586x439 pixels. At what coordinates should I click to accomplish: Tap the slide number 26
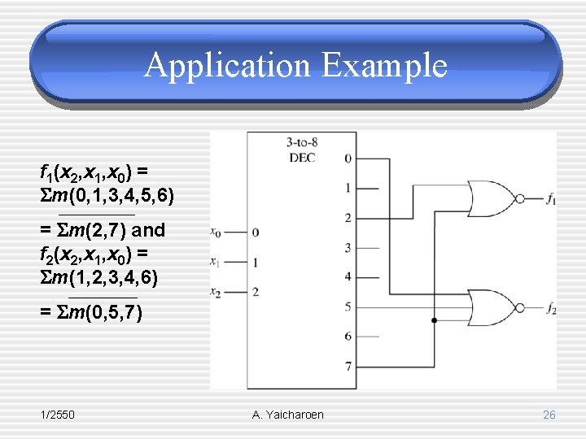pyautogui.click(x=549, y=415)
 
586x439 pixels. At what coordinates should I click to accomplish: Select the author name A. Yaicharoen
pyautogui.click(x=288, y=415)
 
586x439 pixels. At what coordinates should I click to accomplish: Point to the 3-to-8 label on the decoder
pyautogui.click(x=302, y=142)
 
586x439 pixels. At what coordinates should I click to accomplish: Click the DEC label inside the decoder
pyautogui.click(x=302, y=156)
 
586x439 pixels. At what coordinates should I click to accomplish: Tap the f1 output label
pyautogui.click(x=552, y=198)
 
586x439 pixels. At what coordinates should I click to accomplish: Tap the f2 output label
pyautogui.click(x=552, y=308)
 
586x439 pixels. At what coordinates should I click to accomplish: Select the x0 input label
pyautogui.click(x=216, y=232)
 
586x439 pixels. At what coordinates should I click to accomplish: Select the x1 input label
pyautogui.click(x=216, y=262)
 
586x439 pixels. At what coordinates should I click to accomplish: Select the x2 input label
pyautogui.click(x=216, y=291)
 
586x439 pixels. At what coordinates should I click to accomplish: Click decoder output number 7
pyautogui.click(x=348, y=366)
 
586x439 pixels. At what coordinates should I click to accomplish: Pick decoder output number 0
pyautogui.click(x=348, y=158)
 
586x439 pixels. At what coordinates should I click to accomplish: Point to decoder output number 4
pyautogui.click(x=348, y=276)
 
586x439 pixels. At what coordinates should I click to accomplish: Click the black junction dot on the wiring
pyautogui.click(x=435, y=321)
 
